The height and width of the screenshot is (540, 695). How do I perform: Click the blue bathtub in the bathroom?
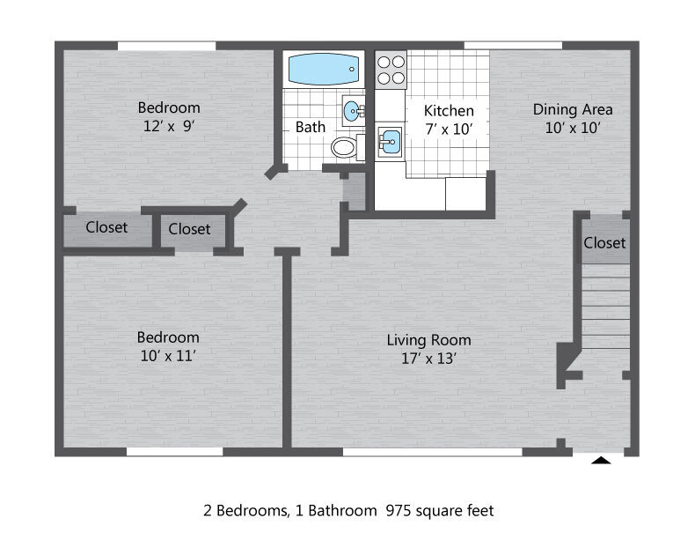[324, 69]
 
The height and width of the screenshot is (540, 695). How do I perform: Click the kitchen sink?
[390, 142]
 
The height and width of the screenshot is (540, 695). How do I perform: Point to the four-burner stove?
[391, 70]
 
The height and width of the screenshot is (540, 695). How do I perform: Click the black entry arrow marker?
[601, 460]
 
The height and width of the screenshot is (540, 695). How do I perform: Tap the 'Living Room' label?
[428, 340]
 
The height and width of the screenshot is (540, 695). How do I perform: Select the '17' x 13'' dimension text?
[428, 358]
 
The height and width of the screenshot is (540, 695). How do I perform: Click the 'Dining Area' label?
[573, 109]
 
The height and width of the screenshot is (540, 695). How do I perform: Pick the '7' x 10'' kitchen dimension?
[449, 129]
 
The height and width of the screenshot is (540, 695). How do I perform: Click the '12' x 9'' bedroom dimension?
[169, 126]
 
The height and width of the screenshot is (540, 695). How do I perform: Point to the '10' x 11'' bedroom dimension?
[168, 356]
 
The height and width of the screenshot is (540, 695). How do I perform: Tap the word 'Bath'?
[311, 127]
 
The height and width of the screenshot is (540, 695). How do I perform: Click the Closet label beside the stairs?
[604, 243]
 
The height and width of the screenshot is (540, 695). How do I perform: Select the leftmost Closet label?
[106, 227]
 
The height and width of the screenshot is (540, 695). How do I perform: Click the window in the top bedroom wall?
[166, 46]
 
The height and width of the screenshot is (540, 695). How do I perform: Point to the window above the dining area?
[513, 46]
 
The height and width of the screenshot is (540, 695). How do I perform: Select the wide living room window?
[433, 452]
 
